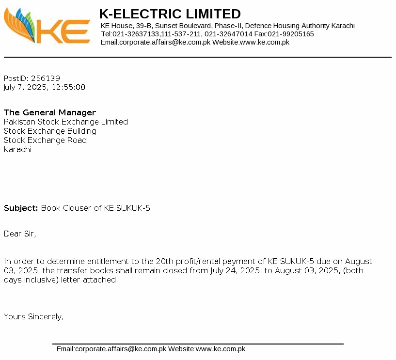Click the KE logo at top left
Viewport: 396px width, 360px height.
click(47, 27)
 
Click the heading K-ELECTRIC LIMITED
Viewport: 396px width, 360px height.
click(170, 14)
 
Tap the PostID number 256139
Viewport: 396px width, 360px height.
click(45, 78)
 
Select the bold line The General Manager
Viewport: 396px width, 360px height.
click(50, 112)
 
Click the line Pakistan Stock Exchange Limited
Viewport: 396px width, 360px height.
click(66, 122)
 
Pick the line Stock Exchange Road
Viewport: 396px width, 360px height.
click(45, 140)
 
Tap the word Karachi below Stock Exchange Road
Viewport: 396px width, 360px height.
click(17, 149)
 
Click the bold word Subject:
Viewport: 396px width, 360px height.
click(21, 208)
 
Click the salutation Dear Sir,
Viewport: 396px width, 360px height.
click(20, 234)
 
